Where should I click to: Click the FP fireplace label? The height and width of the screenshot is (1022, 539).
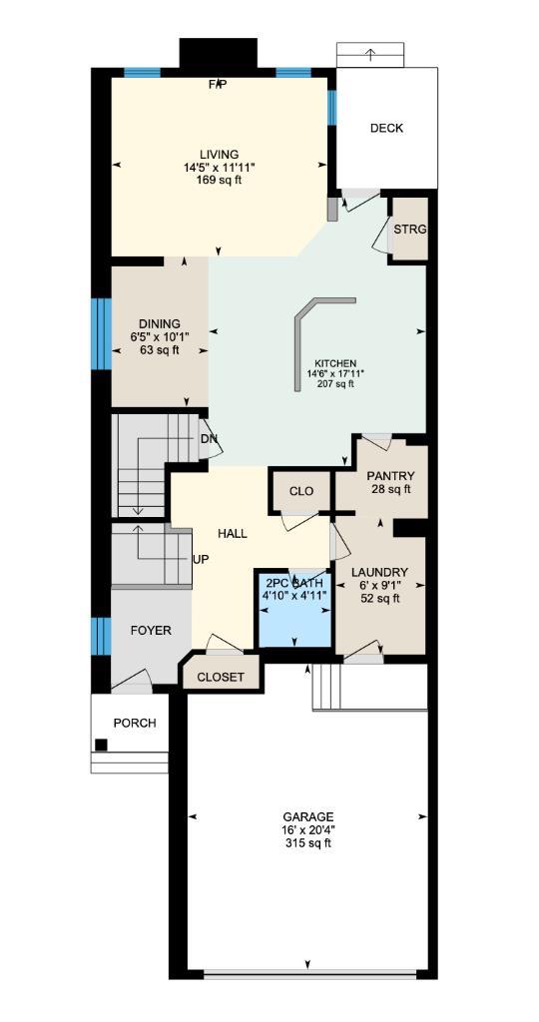click(218, 84)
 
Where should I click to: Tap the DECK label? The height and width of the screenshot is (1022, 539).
click(386, 128)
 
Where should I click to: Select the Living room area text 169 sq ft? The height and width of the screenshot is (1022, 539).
click(219, 181)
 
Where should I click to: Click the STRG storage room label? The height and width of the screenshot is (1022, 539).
click(409, 229)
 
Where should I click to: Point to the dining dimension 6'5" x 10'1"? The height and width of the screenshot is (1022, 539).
click(160, 336)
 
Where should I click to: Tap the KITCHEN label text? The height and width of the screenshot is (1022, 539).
click(335, 363)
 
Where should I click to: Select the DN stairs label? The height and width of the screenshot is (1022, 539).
click(209, 438)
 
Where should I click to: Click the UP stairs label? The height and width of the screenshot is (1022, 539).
click(201, 559)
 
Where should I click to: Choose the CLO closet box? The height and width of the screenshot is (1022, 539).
click(300, 491)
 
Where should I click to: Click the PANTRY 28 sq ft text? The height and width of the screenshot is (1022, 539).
click(389, 489)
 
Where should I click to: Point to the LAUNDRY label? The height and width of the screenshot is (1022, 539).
click(380, 572)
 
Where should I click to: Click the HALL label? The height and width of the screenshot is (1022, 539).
click(232, 534)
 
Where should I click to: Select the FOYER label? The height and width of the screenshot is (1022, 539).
click(151, 630)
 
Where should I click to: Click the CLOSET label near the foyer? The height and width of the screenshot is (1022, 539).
click(221, 677)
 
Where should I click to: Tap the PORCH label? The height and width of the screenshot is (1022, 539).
click(134, 723)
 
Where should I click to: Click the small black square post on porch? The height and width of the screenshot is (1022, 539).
click(101, 744)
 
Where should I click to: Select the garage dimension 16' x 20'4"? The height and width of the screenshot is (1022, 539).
click(307, 829)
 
